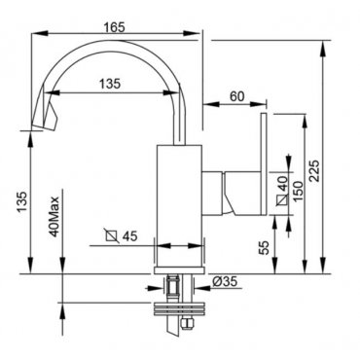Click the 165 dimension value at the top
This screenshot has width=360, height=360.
pyautogui.click(x=114, y=27)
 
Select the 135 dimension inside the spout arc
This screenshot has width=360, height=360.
pyautogui.click(x=110, y=84)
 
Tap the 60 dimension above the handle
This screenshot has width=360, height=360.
pyautogui.click(x=237, y=96)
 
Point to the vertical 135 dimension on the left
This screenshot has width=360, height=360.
pyautogui.click(x=22, y=201)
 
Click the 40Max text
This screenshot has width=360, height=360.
pyautogui.click(x=54, y=217)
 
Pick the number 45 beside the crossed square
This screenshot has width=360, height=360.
pyautogui.click(x=129, y=236)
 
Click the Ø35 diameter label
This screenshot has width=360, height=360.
pyautogui.click(x=225, y=281)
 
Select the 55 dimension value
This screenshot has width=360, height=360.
pyautogui.click(x=265, y=248)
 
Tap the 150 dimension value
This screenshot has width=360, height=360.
pyautogui.click(x=298, y=192)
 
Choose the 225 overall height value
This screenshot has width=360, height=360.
pyautogui.click(x=314, y=171)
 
